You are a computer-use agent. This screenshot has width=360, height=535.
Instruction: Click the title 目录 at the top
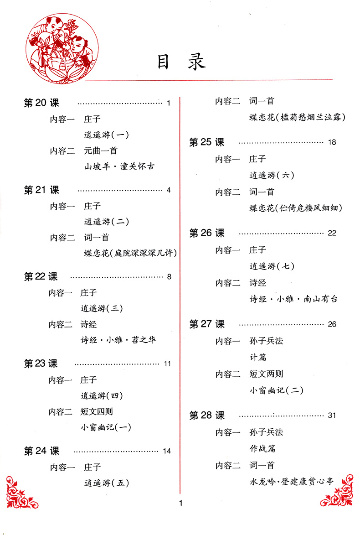point(181,62)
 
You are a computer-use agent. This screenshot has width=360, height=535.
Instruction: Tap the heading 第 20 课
point(41,103)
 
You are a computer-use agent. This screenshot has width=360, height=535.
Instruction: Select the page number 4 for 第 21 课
point(169,190)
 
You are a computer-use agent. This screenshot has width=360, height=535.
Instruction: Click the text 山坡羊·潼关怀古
point(119,166)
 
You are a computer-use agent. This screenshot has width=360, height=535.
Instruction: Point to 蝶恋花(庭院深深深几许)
point(130,253)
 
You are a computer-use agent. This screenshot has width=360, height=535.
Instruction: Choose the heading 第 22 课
point(41,276)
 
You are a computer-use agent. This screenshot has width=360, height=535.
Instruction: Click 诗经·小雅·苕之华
point(118,340)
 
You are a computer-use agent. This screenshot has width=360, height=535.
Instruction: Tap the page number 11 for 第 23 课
point(167,364)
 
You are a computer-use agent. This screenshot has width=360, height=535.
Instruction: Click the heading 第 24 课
point(41,451)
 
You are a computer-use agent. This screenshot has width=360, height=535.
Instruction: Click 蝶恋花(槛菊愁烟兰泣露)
point(297,117)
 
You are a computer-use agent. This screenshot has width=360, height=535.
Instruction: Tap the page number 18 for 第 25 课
point(332,142)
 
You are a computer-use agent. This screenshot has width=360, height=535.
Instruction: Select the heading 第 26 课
point(207,233)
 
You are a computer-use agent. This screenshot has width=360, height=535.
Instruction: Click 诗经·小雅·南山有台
point(293,299)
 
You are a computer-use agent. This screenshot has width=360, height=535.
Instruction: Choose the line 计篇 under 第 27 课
point(257,358)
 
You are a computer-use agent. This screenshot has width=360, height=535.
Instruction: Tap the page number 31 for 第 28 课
point(332,416)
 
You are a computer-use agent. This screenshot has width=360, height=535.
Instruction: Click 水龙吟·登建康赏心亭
point(292,482)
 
